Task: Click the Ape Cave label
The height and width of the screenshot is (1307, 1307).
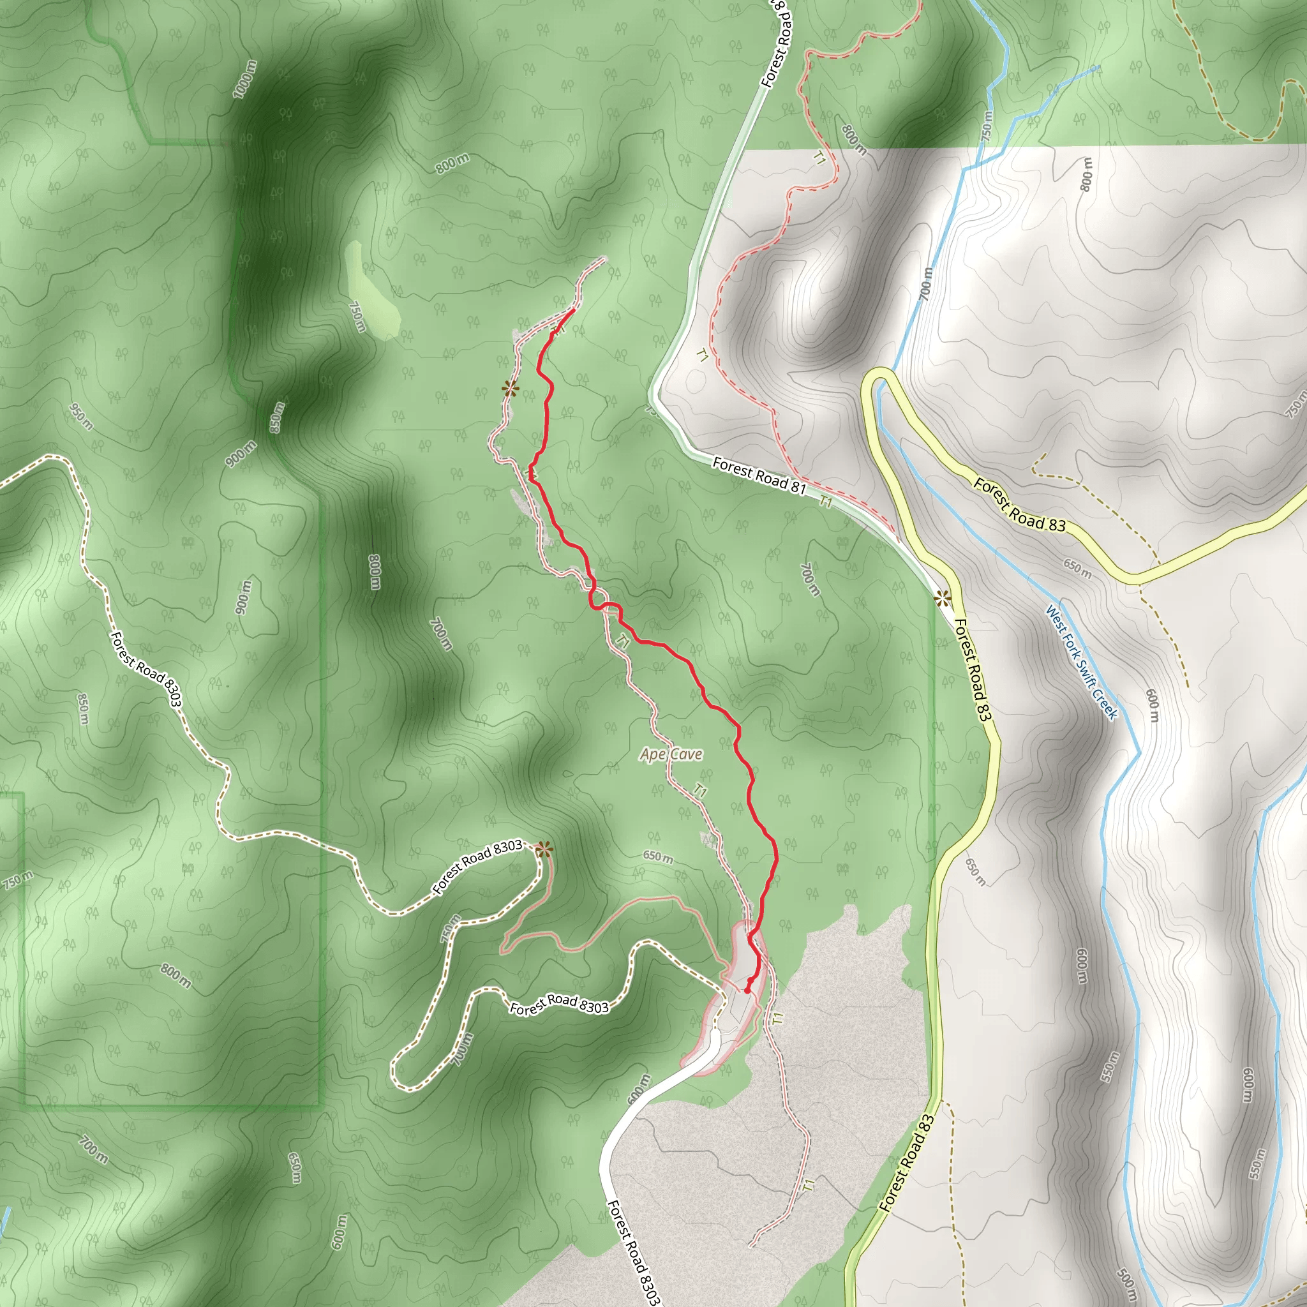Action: pos(671,754)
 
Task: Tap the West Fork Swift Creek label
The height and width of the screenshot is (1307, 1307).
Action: pos(1081,662)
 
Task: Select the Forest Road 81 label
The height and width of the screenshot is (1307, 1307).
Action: pos(759,475)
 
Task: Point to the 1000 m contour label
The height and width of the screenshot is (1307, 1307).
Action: pos(245,80)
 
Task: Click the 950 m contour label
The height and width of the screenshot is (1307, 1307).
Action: pos(80,417)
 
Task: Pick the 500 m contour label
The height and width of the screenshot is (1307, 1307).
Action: pos(1126,1277)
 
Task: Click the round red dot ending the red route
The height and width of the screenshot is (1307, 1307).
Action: pos(747,990)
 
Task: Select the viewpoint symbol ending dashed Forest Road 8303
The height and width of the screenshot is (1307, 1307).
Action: pos(542,849)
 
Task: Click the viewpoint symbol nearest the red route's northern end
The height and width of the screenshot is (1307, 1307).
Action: pos(510,388)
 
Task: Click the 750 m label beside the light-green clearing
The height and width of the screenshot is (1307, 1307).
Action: pos(357,316)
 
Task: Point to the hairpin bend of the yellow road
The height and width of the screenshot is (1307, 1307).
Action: pos(879,379)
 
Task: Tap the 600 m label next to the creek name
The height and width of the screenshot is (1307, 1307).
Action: pos(1152,705)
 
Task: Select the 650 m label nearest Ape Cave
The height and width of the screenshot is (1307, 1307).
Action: pos(657,856)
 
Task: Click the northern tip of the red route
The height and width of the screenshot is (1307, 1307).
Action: pos(573,309)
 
